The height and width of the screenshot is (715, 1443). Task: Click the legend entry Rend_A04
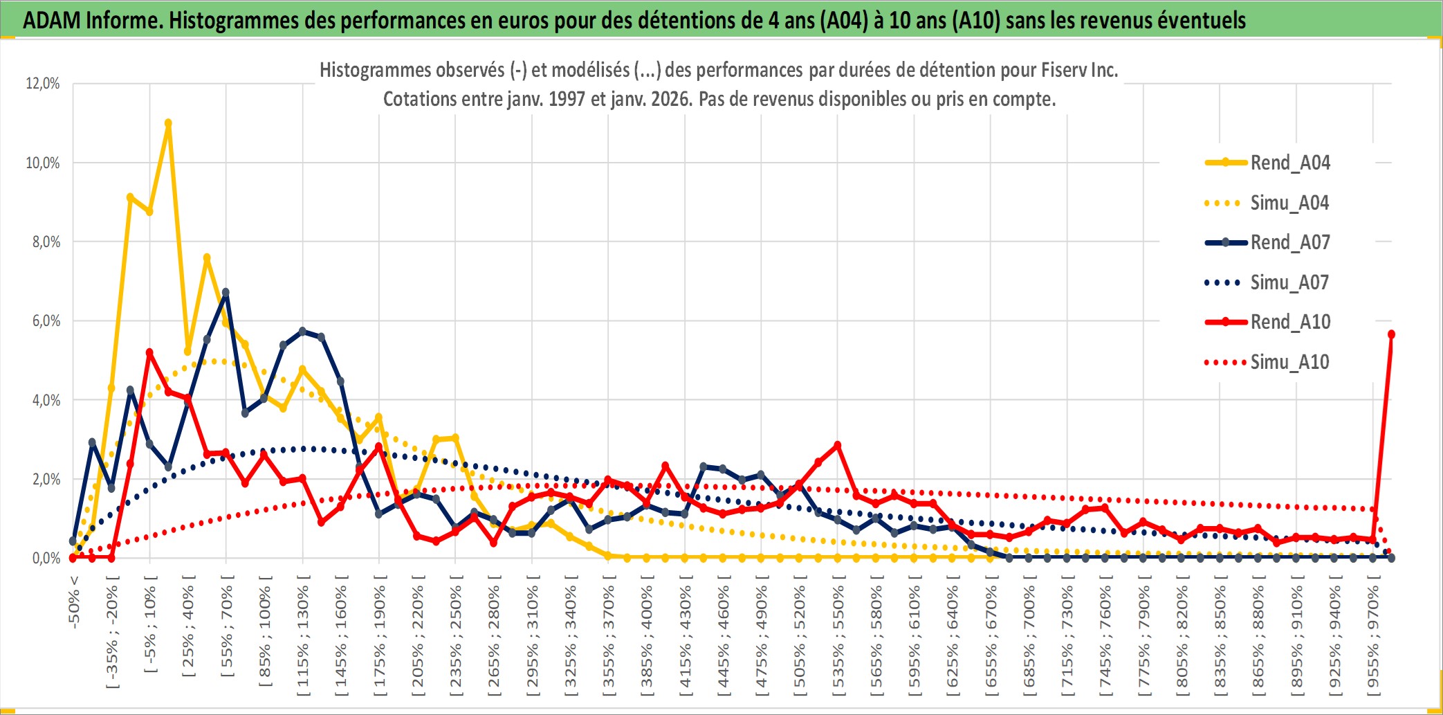(1289, 163)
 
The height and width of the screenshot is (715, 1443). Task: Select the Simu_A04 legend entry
(1289, 203)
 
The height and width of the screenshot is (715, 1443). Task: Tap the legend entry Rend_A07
(1289, 242)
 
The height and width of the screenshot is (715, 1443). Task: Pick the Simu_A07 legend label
(1289, 282)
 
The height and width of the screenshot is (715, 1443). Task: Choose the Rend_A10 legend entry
(1289, 322)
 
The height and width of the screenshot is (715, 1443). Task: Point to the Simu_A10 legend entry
(1289, 362)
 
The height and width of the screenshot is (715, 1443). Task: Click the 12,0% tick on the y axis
(43, 84)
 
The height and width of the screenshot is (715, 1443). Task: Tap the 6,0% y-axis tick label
(46, 321)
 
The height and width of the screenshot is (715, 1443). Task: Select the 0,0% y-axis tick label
(46, 559)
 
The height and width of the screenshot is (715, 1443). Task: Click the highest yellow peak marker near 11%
(168, 123)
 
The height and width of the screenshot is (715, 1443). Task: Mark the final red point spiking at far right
(1391, 334)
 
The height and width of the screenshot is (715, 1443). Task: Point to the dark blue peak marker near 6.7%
(226, 292)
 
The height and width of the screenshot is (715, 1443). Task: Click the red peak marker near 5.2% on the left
(149, 353)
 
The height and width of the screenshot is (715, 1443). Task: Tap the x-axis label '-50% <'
(74, 602)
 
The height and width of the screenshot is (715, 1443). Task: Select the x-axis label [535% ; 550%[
(838, 637)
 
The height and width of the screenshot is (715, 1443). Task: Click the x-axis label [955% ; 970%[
(1373, 637)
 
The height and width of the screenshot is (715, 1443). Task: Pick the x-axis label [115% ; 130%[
(303, 637)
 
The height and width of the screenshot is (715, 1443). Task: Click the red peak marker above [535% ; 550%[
(838, 445)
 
